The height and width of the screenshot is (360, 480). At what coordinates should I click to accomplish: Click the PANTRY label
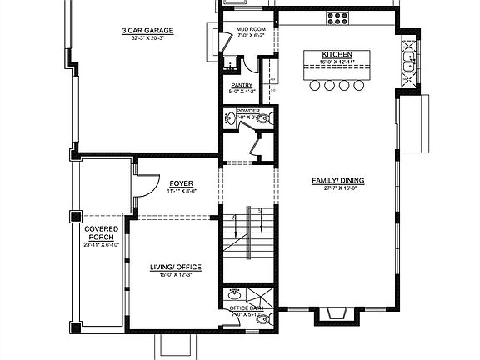(x=241, y=84)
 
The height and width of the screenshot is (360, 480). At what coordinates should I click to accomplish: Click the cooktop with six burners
(x=339, y=16)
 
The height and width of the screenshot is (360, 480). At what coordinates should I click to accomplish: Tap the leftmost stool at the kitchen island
(x=316, y=85)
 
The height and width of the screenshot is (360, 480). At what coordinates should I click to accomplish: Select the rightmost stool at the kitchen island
(x=358, y=85)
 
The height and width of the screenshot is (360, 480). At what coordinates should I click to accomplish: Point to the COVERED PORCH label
(x=101, y=232)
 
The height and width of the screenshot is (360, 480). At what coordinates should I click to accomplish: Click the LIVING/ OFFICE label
(x=171, y=267)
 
